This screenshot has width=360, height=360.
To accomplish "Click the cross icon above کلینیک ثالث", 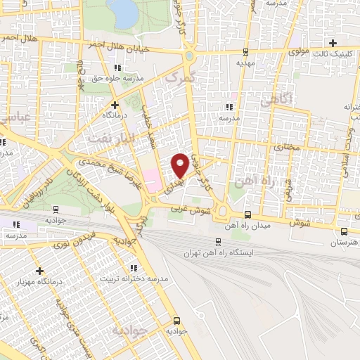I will point(333,43).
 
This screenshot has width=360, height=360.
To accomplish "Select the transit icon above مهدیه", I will point(245,52).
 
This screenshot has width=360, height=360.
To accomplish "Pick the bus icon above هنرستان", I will point(344,231).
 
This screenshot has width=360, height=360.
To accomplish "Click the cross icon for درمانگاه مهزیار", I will point(39,271).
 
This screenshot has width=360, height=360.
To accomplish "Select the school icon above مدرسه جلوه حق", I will point(117,67).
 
